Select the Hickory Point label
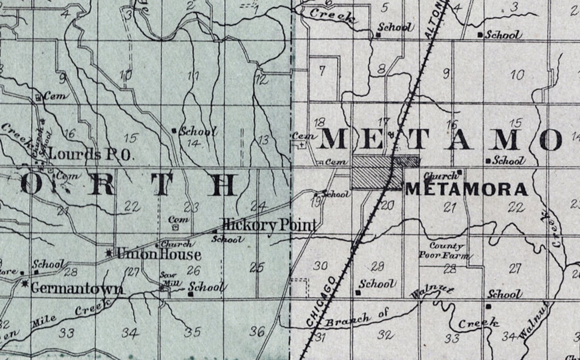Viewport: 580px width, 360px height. point(269,225)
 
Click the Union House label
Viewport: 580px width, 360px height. point(158,254)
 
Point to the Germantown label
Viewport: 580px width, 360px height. point(76,288)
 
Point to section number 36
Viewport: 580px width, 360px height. point(257,331)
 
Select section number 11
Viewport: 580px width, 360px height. point(193,77)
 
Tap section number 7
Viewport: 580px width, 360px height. point(322,70)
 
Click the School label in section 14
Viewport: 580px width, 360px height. point(198,131)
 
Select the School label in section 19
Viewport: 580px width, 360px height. point(336,194)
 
